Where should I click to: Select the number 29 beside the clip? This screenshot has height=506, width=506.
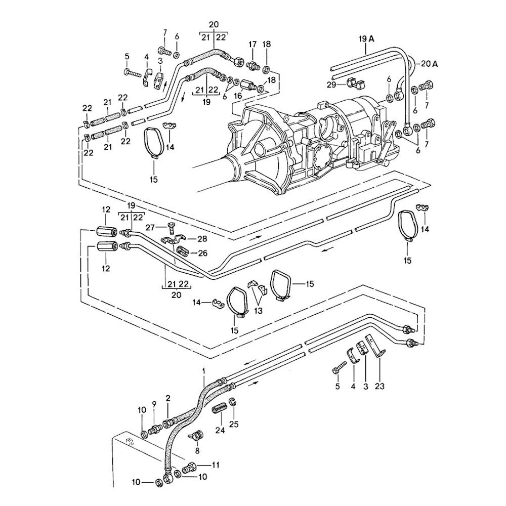point(332,84)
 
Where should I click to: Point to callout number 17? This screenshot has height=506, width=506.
point(252,45)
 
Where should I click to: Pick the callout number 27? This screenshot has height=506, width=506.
point(150,228)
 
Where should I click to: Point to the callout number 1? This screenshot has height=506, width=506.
point(203,371)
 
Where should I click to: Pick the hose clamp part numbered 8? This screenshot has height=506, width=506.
point(196,435)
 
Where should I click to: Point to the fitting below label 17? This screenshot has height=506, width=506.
point(252,65)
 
